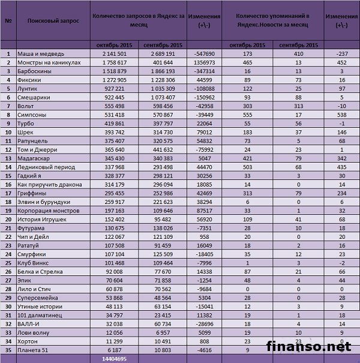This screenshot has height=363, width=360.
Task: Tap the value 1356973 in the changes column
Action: (205, 63)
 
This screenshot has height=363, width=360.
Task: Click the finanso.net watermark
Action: (308, 346)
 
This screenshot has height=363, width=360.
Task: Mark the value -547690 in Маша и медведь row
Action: (205, 54)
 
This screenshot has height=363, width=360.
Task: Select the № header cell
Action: (8, 20)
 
